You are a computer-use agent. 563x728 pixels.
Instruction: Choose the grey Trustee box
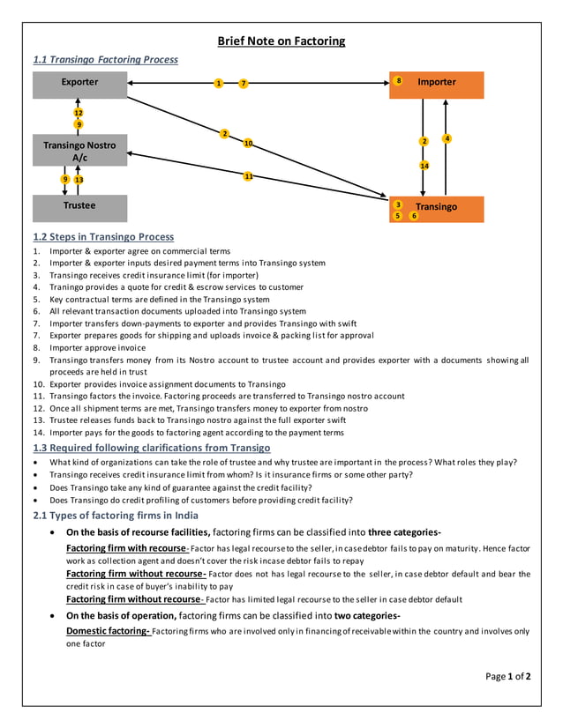point(79,206)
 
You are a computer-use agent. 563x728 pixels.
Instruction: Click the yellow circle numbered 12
point(79,113)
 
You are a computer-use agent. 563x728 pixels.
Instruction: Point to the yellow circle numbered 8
point(399,81)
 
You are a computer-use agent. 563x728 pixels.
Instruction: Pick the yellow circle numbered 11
point(248,176)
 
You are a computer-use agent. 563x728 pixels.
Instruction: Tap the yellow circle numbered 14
point(424,166)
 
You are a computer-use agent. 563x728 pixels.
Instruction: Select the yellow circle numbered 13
point(79,180)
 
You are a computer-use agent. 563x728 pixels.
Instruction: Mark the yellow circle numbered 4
point(447,138)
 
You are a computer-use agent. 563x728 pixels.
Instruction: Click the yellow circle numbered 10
point(248,143)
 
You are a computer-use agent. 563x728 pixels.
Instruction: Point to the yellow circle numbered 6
point(414,216)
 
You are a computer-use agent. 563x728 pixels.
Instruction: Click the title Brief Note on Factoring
point(281,41)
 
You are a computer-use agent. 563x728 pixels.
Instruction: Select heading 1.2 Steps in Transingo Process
point(103,237)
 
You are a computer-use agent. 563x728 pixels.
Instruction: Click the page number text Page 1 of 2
point(508,677)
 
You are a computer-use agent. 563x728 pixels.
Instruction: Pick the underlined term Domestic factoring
point(108,631)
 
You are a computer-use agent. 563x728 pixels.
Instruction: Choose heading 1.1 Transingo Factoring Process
point(105,60)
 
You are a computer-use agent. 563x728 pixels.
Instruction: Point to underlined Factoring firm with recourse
point(126,548)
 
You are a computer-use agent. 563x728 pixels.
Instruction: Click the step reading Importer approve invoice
point(97,347)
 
